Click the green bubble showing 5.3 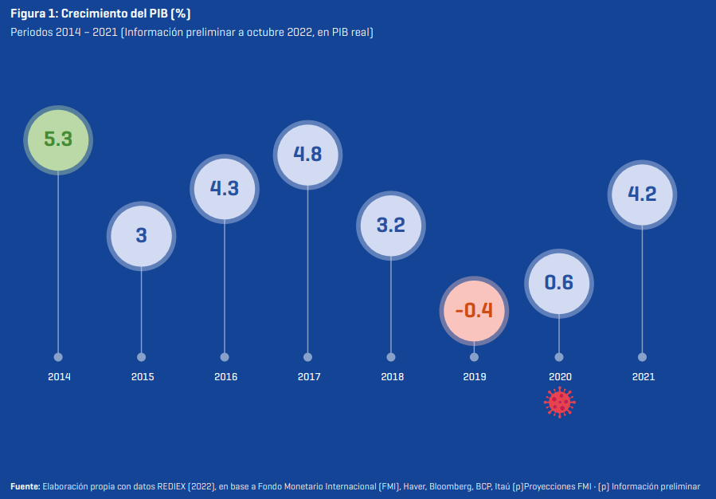[58, 139]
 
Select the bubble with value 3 [141, 235]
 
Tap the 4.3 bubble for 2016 [225, 188]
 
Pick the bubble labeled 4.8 [307, 154]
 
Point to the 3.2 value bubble [391, 225]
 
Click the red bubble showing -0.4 [474, 310]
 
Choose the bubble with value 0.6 [558, 282]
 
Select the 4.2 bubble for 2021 [642, 194]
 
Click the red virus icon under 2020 [559, 402]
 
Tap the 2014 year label [59, 376]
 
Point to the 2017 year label [308, 376]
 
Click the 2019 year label [475, 376]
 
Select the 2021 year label [642, 376]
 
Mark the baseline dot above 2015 [141, 357]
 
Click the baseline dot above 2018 [391, 357]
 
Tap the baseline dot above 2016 [225, 357]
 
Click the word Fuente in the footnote [24, 486]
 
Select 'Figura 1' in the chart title [31, 14]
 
